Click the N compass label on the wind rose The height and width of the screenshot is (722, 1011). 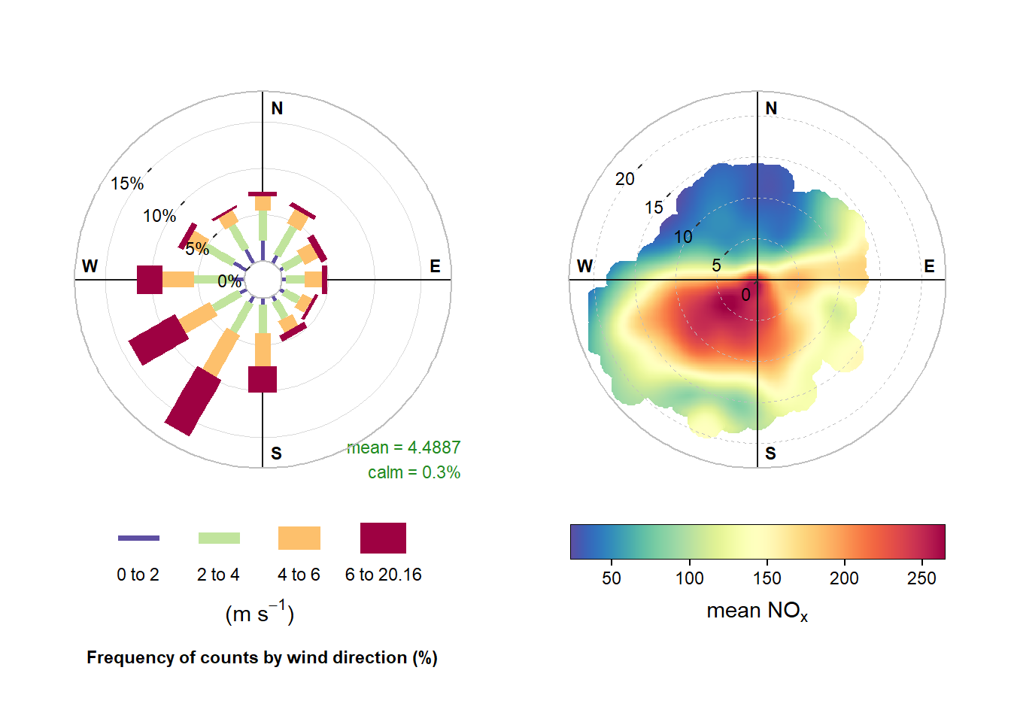[x=277, y=108]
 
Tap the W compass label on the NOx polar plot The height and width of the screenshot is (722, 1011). [x=584, y=266]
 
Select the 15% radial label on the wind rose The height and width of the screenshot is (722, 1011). [x=126, y=184]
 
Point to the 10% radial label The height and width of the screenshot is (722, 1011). [x=159, y=217]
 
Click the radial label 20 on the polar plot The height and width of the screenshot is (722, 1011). [x=625, y=179]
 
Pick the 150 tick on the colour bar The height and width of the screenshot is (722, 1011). [x=767, y=578]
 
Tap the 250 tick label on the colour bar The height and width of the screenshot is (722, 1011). [x=921, y=578]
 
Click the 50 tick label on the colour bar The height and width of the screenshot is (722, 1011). [x=612, y=578]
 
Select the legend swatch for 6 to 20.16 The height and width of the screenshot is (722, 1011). [x=383, y=538]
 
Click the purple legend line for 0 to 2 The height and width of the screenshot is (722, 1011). [x=138, y=538]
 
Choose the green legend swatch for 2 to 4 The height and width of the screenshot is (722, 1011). [x=219, y=538]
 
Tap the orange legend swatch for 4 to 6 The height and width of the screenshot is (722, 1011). [x=299, y=538]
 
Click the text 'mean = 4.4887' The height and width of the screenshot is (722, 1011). [x=404, y=447]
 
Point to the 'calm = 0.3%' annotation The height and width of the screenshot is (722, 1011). [x=414, y=472]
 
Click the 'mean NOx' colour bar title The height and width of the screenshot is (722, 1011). [x=757, y=611]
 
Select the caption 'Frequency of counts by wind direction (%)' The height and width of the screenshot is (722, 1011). [x=262, y=657]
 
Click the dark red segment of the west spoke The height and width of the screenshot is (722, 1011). [x=150, y=280]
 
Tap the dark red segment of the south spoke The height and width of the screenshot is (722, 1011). [x=263, y=379]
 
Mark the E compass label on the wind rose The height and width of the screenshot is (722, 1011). [x=435, y=266]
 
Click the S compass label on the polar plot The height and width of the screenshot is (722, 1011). [x=770, y=453]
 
